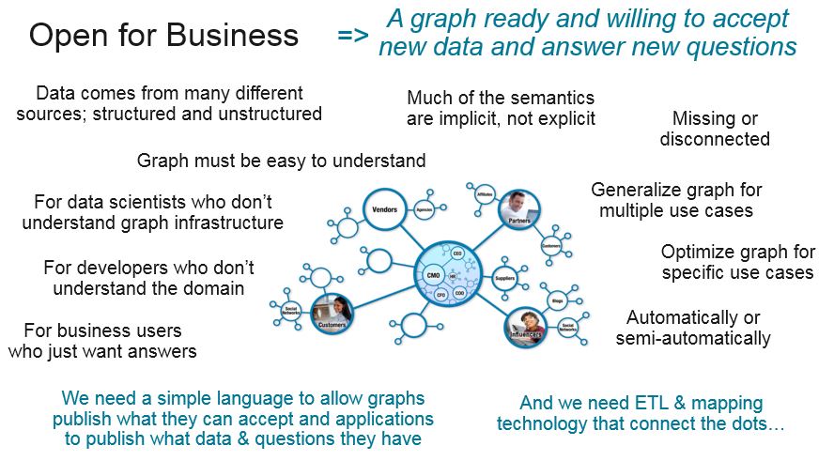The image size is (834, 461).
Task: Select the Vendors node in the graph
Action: tap(386, 209)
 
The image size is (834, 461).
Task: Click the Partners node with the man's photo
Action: tap(518, 208)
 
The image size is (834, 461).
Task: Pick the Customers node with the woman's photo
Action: tap(331, 312)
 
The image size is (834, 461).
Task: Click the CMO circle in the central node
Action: tap(433, 275)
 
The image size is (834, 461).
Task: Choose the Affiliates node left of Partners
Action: tap(485, 193)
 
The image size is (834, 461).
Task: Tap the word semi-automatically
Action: tap(693, 338)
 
